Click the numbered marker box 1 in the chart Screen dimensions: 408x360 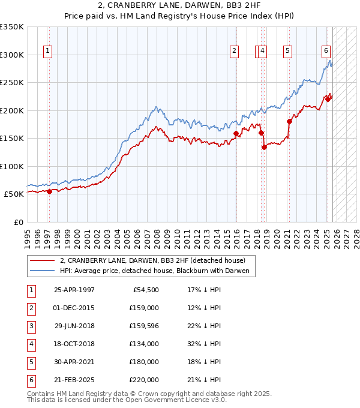pos(47,52)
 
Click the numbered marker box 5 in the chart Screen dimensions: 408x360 pos(288,52)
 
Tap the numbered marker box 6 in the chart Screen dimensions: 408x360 pos(326,52)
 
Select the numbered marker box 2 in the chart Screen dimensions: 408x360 pos(234,52)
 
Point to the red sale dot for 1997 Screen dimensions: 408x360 pos(50,191)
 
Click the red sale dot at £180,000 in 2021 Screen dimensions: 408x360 pos(289,121)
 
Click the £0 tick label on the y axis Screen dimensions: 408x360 pos(18,223)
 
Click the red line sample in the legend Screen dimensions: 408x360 pos(43,260)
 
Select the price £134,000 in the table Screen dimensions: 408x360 pos(143,343)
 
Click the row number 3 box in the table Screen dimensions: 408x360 pos(31,325)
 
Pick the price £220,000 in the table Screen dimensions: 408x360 pos(143,379)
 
